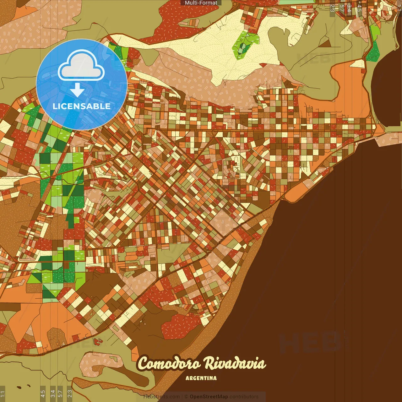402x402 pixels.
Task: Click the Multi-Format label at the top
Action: click(x=201, y=3)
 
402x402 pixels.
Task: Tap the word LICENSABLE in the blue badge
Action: click(x=82, y=106)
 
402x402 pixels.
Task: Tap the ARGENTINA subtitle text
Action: click(x=201, y=378)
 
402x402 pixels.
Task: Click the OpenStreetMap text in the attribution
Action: click(x=209, y=397)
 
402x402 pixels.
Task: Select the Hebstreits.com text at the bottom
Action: click(x=162, y=397)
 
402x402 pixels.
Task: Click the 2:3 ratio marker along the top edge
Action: click(x=332, y=8)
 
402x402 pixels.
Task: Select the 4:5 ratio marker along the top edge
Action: click(x=359, y=8)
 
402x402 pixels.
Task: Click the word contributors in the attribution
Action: click(x=244, y=397)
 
